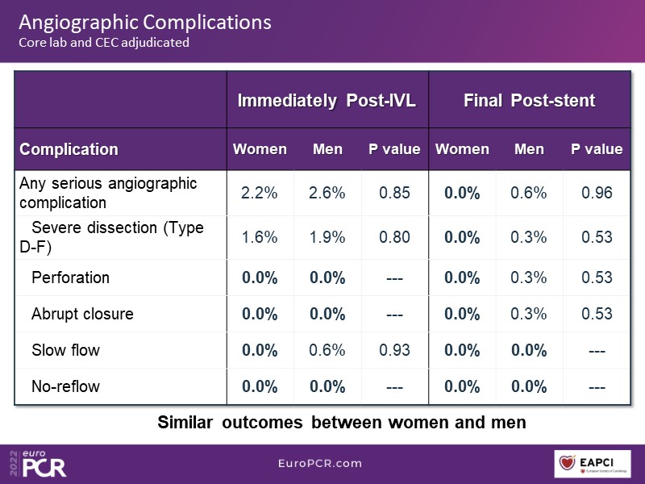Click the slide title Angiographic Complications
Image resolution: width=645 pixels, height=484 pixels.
coord(145,22)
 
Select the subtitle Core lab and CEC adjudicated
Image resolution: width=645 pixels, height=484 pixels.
coord(104,42)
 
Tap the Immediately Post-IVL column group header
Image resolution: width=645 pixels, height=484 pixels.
coord(327,101)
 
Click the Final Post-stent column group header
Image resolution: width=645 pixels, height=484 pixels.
coord(529,101)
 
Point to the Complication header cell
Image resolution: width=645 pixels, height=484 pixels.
coord(69,149)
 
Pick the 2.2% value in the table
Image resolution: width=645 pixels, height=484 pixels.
coord(260,193)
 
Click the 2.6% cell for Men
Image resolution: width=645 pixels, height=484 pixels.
coord(327,193)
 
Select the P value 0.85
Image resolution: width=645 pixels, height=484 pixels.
coord(394,193)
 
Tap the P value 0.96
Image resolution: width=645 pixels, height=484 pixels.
coord(597,193)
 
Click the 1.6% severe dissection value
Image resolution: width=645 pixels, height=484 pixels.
coord(260,237)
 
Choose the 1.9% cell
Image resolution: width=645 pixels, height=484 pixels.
coord(327,237)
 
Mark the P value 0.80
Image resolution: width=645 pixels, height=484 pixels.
coord(394,237)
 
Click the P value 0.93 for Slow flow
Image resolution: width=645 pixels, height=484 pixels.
coord(394,350)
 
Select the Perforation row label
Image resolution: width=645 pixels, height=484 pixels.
coord(70,277)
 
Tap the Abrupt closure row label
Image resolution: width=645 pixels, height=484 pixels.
coord(82,314)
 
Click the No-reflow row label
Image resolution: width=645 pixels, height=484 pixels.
coord(65,386)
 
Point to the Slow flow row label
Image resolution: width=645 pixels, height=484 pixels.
coord(65,350)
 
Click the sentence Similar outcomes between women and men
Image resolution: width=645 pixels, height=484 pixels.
coord(342,422)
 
